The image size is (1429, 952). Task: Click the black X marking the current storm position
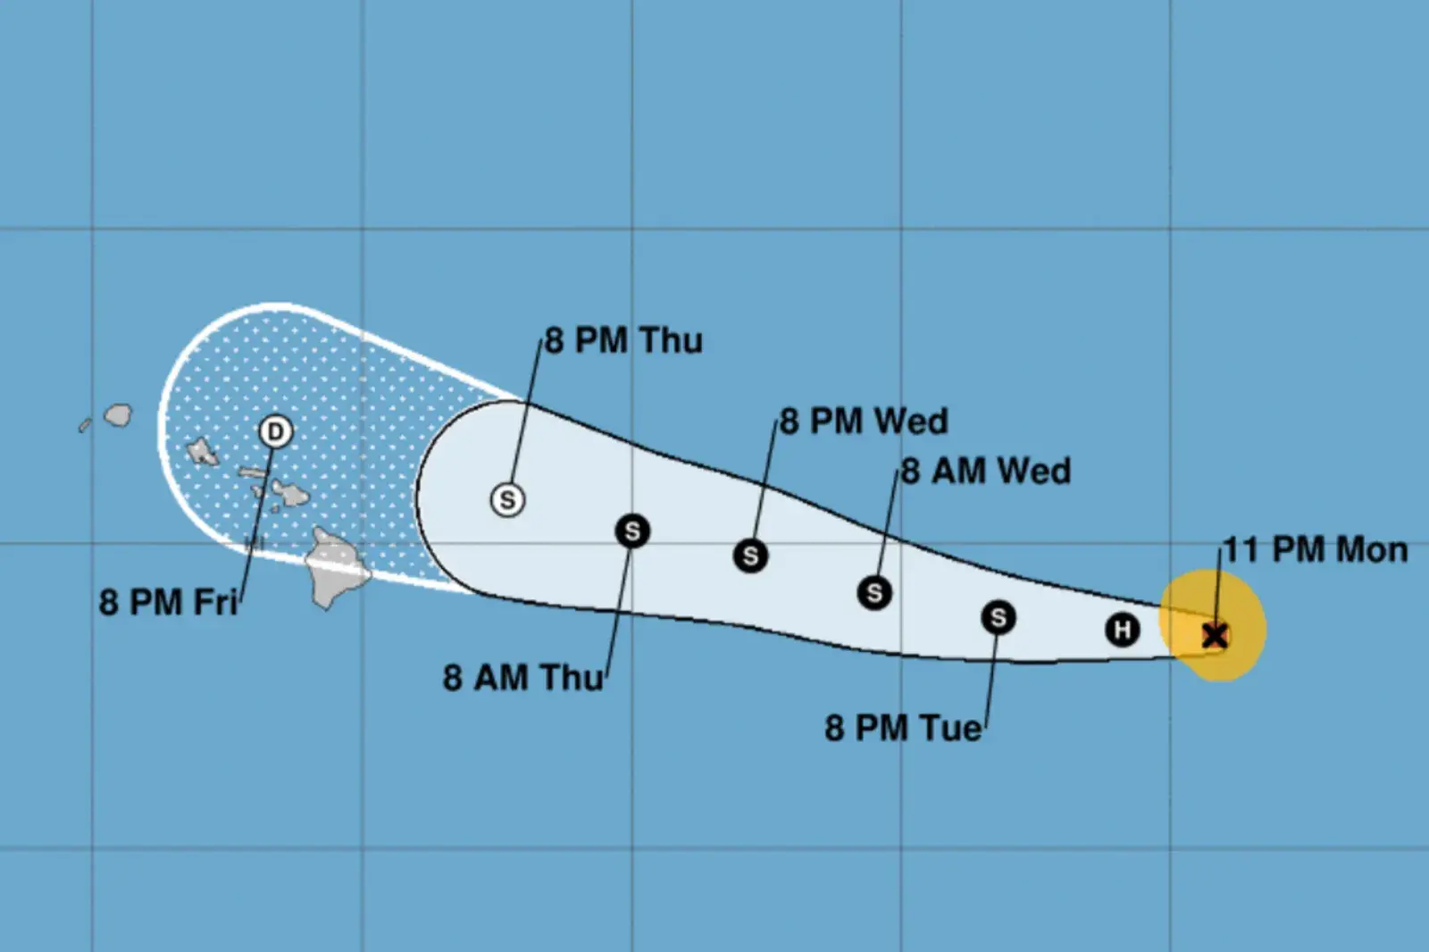(x=1214, y=636)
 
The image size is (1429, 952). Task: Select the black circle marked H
(x=1122, y=630)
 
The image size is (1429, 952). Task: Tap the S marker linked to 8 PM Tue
(x=998, y=617)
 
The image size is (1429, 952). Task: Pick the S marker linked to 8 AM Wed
(x=874, y=592)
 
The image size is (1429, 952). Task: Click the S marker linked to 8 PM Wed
(x=750, y=555)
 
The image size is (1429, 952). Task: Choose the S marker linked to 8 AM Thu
(x=632, y=531)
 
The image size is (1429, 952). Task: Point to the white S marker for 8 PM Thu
(x=507, y=499)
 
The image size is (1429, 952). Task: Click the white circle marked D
(x=275, y=432)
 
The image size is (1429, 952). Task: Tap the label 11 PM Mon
(x=1315, y=550)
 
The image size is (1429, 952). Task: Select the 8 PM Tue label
(x=902, y=729)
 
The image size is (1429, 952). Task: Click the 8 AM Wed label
(x=985, y=472)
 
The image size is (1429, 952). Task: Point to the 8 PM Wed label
(x=864, y=422)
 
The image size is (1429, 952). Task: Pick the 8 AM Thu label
(x=523, y=678)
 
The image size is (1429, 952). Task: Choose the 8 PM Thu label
(x=623, y=341)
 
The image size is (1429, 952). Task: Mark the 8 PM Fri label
(x=168, y=603)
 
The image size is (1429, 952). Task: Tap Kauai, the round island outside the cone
(x=118, y=415)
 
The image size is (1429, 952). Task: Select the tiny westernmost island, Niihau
(x=85, y=426)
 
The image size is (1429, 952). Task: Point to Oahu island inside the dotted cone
(x=203, y=452)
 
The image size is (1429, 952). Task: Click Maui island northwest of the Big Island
(x=289, y=493)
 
